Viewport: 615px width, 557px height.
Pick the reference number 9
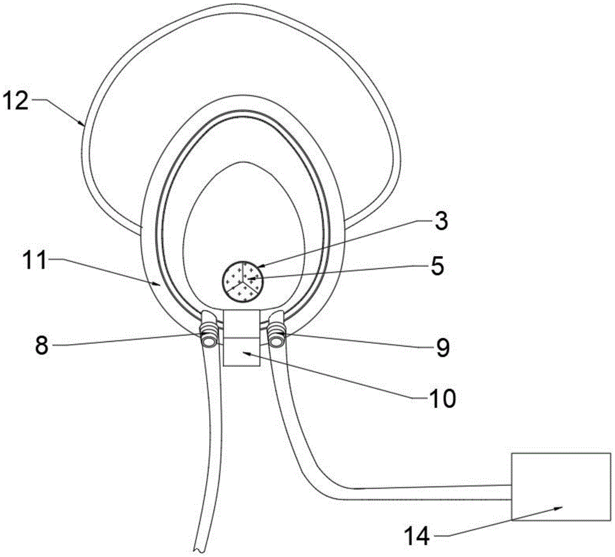pyautogui.click(x=442, y=348)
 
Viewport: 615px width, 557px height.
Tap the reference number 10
pyautogui.click(x=442, y=398)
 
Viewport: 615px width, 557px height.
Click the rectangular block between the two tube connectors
pyautogui.click(x=241, y=339)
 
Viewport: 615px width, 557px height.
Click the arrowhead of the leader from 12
pyautogui.click(x=83, y=125)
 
